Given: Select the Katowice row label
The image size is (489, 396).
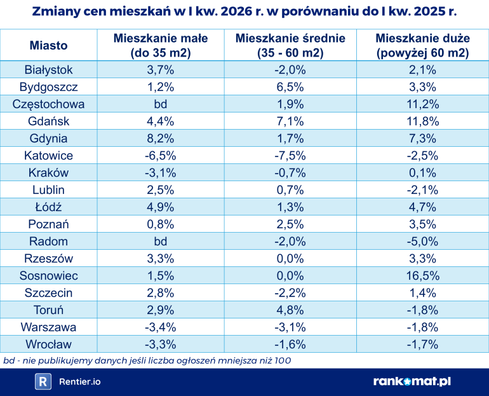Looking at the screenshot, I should pos(48,156).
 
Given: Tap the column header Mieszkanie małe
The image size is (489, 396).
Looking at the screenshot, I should pos(161,46).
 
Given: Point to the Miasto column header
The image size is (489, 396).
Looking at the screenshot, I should pos(48,46).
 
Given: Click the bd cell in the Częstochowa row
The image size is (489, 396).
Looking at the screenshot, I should pos(161,104).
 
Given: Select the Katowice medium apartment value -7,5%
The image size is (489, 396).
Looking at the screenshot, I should pos(290,156).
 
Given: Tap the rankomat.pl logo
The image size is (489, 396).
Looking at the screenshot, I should pos(412,381).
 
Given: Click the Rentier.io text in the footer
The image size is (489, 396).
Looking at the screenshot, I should pos(79,381).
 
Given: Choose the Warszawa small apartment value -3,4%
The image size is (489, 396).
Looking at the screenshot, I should pos(161,327).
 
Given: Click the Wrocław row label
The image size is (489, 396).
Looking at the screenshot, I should pos(48,345).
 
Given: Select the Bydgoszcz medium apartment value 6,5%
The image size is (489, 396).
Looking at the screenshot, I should pos(290,87).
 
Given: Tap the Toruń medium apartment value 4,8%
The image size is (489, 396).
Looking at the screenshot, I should pos(290,310).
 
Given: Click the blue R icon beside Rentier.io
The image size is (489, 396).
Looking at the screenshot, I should pos(43,381).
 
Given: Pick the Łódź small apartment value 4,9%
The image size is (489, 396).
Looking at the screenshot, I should pos(161,207).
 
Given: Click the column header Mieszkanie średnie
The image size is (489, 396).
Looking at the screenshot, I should pos(290,46).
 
